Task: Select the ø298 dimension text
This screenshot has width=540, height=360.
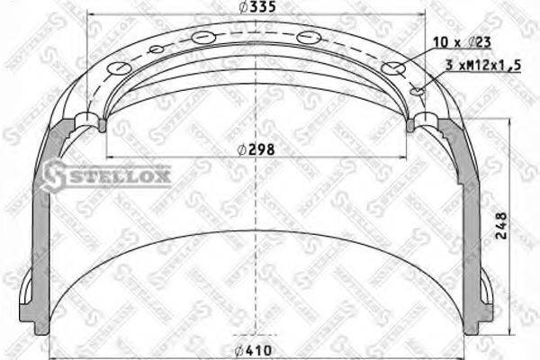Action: pyautogui.click(x=257, y=149)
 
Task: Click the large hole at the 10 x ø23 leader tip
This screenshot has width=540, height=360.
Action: pyautogui.click(x=391, y=68)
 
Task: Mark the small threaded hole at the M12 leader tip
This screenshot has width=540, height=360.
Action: pyautogui.click(x=416, y=90)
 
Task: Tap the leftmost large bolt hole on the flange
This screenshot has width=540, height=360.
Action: pyautogui.click(x=118, y=69)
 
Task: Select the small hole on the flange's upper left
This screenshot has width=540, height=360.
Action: pyautogui.click(x=156, y=49)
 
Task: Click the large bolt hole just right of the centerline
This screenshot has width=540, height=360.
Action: pyautogui.click(x=308, y=38)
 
